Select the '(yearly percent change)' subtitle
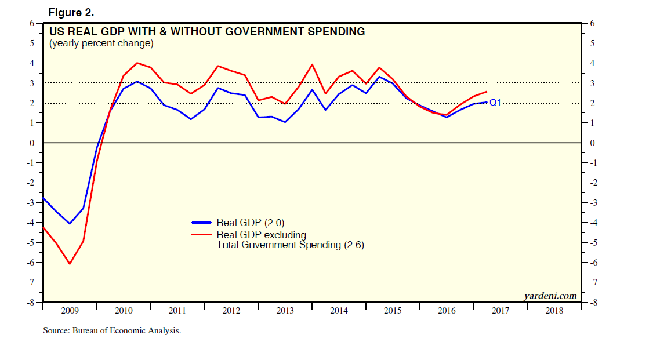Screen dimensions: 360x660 coord(101,43)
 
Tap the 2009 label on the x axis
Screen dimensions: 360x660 coord(70,311)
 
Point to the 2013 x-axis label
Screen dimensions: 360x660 coord(285,311)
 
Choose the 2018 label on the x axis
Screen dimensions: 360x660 coord(554,311)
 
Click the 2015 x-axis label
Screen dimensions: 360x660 coord(393,311)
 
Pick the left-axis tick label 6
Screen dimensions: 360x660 coord(32,23)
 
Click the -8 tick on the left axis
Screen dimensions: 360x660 coord(31,302)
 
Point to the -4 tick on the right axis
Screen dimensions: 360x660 coord(592,223)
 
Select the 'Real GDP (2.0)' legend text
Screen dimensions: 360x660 coord(250,222)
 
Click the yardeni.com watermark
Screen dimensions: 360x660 coord(550,296)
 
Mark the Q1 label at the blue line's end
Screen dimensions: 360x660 coord(495,103)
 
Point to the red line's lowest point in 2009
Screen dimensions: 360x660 coord(70,264)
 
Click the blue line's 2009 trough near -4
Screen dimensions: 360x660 coord(70,224)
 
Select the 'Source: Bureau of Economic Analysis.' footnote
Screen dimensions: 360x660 coord(112,331)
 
